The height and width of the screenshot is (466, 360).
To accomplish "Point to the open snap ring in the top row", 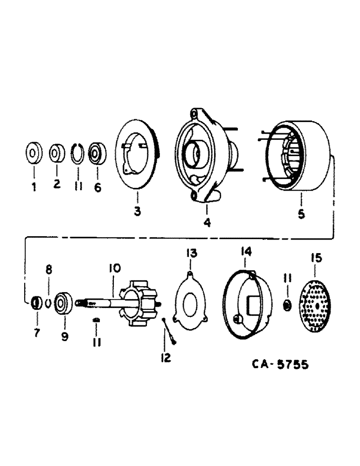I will point(78,152).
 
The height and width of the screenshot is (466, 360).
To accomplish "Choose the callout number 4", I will point(207,223).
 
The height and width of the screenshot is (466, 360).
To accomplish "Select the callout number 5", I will point(301,214).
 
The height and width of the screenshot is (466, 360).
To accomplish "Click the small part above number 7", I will point(34,303).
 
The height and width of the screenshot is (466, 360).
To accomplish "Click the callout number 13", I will point(192,253).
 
